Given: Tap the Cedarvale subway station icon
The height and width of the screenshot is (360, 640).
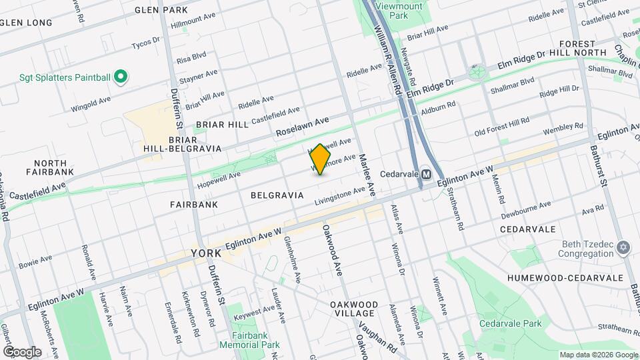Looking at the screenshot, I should [x=425, y=174].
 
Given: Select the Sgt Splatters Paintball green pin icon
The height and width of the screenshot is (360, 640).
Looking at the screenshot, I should [x=121, y=78].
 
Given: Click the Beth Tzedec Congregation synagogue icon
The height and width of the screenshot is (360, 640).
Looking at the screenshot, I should [x=623, y=248].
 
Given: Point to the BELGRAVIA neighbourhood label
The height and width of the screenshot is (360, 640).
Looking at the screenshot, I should [x=277, y=195].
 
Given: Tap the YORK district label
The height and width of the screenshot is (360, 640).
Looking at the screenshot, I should [x=206, y=254].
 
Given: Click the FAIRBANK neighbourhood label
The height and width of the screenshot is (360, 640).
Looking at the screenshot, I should [x=194, y=205].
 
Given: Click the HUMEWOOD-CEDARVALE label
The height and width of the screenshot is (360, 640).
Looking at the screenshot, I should [x=565, y=277].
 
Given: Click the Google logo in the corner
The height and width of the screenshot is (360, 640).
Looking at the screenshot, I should [x=22, y=351].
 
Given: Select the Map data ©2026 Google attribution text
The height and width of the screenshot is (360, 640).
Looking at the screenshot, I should [x=598, y=355].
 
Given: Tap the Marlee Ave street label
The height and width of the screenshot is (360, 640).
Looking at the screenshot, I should [x=367, y=175].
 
